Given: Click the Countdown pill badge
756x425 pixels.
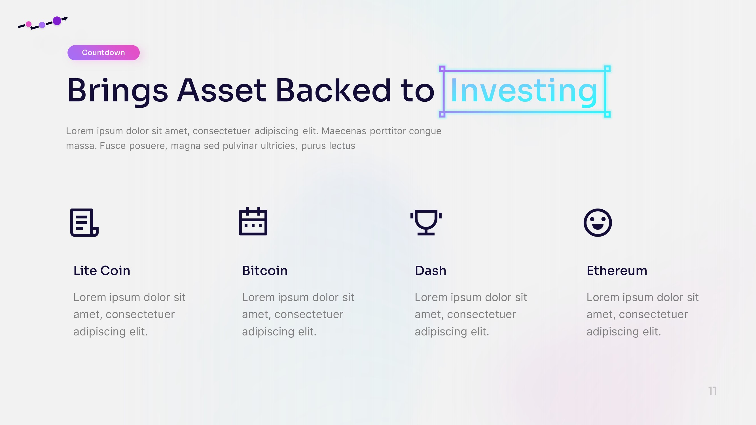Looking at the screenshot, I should click(103, 53).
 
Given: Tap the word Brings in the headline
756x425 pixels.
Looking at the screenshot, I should click(117, 91).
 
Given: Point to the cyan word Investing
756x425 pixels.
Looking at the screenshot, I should click(524, 91).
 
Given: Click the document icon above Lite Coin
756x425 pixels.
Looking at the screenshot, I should click(84, 222).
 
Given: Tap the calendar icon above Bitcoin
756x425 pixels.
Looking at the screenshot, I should click(253, 222).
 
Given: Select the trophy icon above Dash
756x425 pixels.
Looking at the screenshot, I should click(426, 222).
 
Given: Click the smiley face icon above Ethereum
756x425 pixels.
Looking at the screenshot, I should click(598, 222).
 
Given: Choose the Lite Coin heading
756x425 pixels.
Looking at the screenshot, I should click(101, 270).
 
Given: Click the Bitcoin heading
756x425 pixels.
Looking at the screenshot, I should click(265, 270).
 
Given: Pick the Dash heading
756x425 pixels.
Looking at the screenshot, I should click(431, 270).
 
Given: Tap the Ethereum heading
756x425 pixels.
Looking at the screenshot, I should click(617, 270).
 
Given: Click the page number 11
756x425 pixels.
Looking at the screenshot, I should click(712, 391).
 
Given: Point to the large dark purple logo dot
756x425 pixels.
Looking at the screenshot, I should click(57, 21).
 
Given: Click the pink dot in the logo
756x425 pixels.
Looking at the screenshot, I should click(29, 24).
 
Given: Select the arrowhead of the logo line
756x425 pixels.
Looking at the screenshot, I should click(66, 18).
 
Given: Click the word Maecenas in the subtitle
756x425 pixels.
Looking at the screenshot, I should click(344, 131).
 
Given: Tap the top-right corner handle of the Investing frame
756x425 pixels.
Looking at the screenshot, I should click(607, 69).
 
